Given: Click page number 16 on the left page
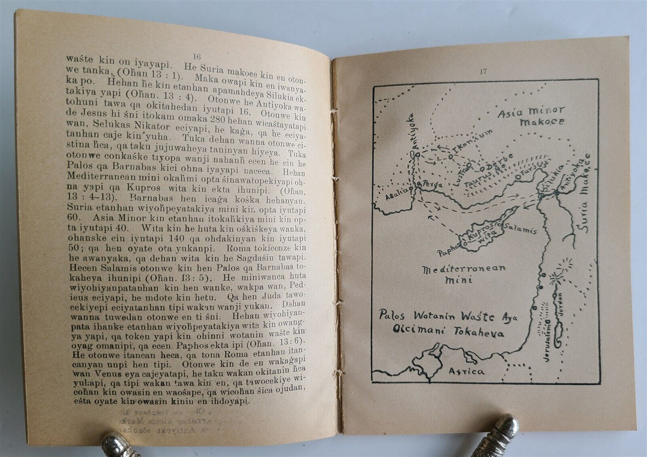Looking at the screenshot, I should click(x=197, y=57).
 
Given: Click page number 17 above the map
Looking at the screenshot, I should click(x=482, y=71).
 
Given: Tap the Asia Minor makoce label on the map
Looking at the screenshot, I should click(x=531, y=116).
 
